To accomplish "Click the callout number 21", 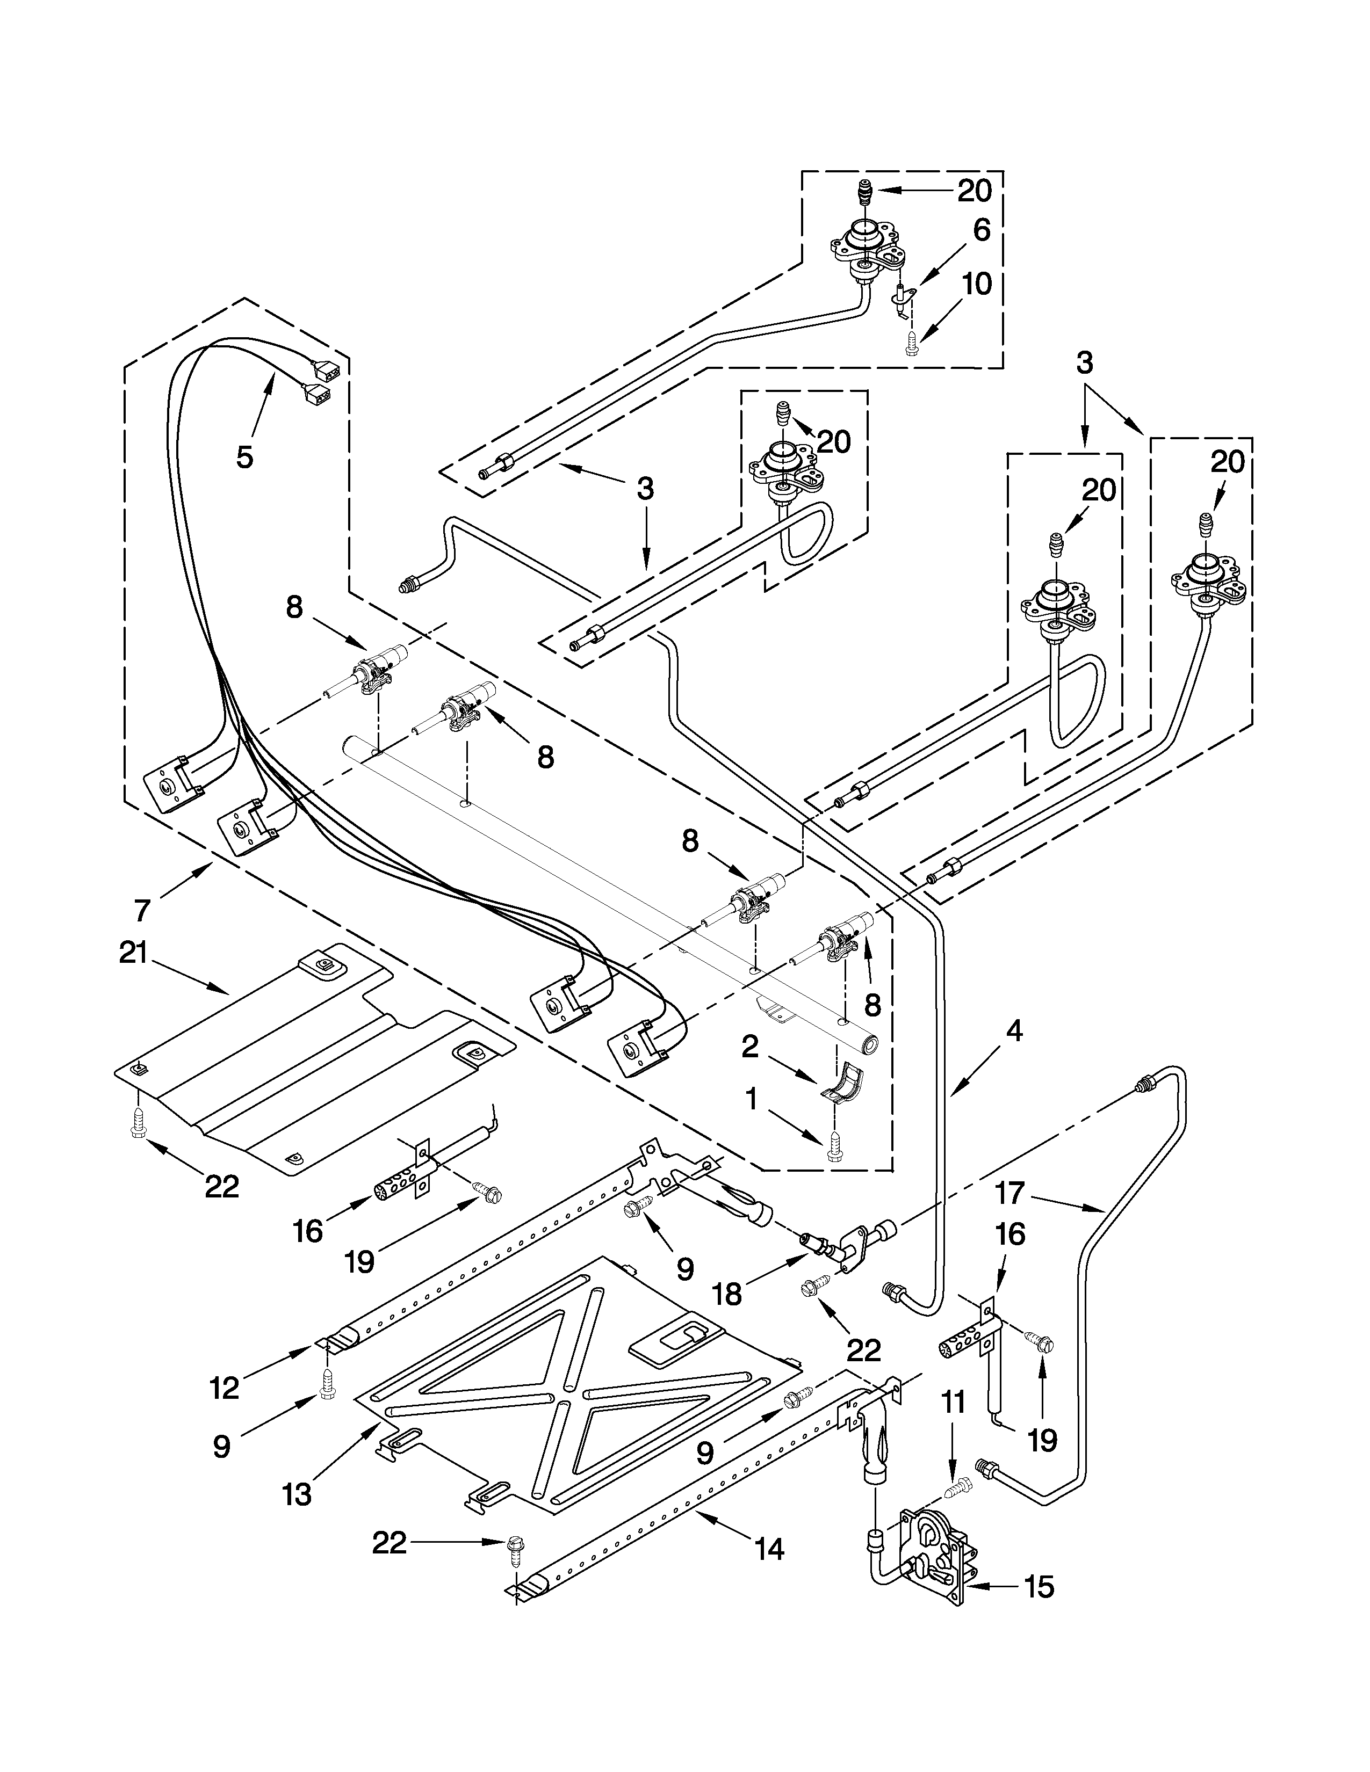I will click(133, 953).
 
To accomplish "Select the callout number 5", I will click(244, 457).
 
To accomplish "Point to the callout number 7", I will click(143, 910).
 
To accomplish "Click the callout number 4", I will click(1014, 1031).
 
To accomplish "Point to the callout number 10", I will click(977, 285).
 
